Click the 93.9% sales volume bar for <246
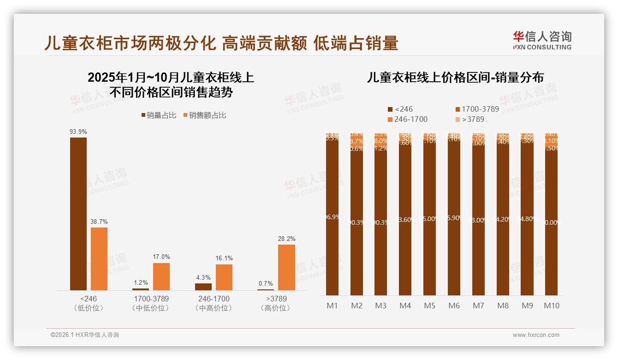[78, 214]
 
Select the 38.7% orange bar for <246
[99, 258]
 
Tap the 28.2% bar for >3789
[286, 267]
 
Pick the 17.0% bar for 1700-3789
[161, 276]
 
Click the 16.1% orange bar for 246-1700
[224, 277]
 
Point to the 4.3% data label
[203, 277]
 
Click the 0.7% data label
[266, 283]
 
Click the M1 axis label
[332, 306]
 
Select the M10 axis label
[551, 306]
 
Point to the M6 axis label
[454, 306]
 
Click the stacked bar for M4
[405, 217]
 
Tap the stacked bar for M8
[503, 217]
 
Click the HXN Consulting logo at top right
[542, 40]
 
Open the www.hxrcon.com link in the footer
[536, 335]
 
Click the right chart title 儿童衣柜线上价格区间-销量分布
[455, 78]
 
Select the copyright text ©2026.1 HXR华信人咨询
[85, 335]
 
